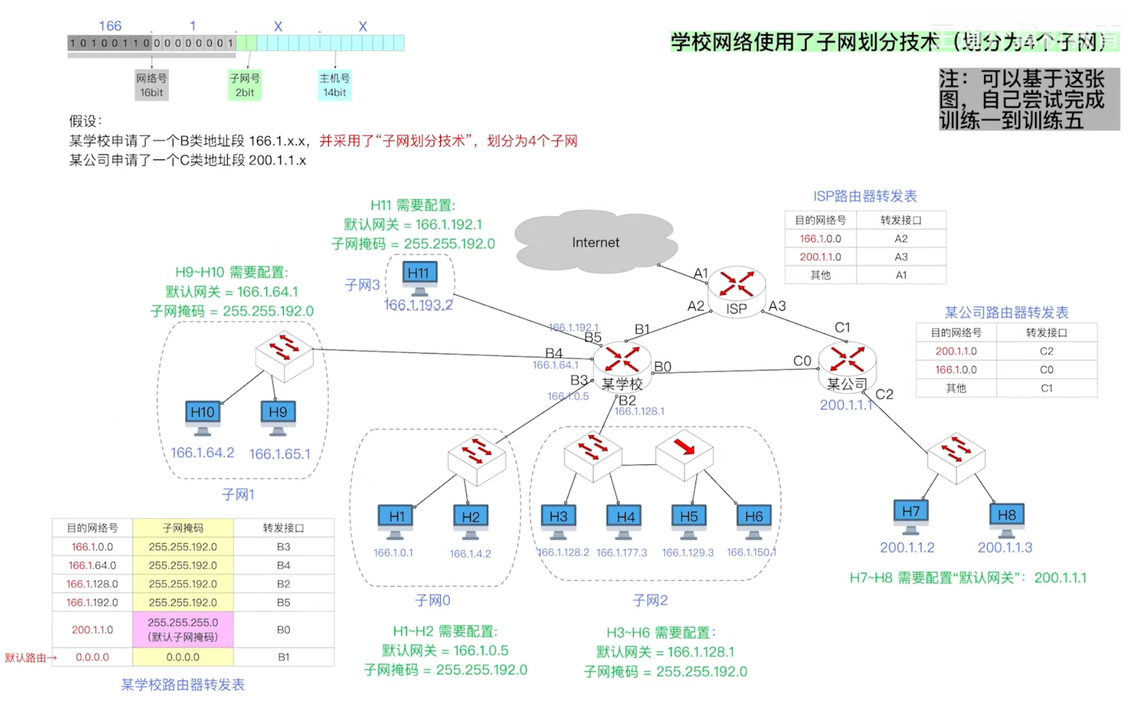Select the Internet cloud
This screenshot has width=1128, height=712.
pyautogui.click(x=596, y=242)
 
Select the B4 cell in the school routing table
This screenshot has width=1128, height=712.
pyautogui.click(x=283, y=565)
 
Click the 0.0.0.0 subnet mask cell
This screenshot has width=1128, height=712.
pyautogui.click(x=183, y=657)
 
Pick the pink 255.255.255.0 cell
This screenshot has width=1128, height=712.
pyautogui.click(x=183, y=629)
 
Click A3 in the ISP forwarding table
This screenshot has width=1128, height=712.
pyautogui.click(x=901, y=257)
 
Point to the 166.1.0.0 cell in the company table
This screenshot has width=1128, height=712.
pyautogui.click(x=955, y=370)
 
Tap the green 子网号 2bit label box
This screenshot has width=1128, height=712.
pyautogui.click(x=245, y=85)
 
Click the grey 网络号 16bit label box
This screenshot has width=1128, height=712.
pyautogui.click(x=151, y=85)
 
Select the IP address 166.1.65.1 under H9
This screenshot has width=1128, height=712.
pyautogui.click(x=280, y=454)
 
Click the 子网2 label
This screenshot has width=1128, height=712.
pyautogui.click(x=650, y=600)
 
